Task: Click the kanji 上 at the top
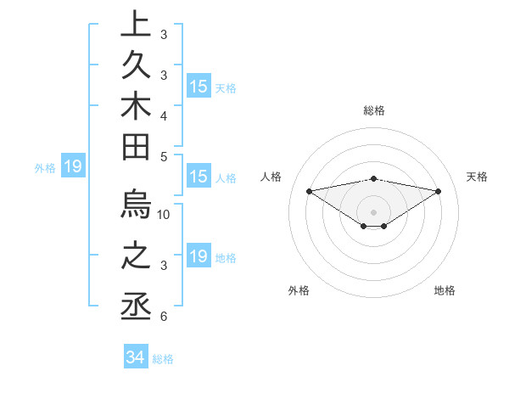point(137,25)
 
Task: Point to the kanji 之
point(137,259)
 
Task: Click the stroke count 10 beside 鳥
point(164,214)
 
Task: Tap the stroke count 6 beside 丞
point(163,317)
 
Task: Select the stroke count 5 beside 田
point(163,156)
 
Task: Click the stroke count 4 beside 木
point(163,114)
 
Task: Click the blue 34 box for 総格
point(135,357)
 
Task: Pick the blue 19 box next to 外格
point(73,166)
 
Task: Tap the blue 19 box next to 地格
point(199,256)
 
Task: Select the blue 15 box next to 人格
point(199,177)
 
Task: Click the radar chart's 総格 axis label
point(373,110)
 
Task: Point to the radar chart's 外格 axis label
point(299,290)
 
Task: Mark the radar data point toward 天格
point(438,191)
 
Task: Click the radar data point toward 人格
point(310,190)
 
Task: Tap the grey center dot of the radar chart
point(373,211)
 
